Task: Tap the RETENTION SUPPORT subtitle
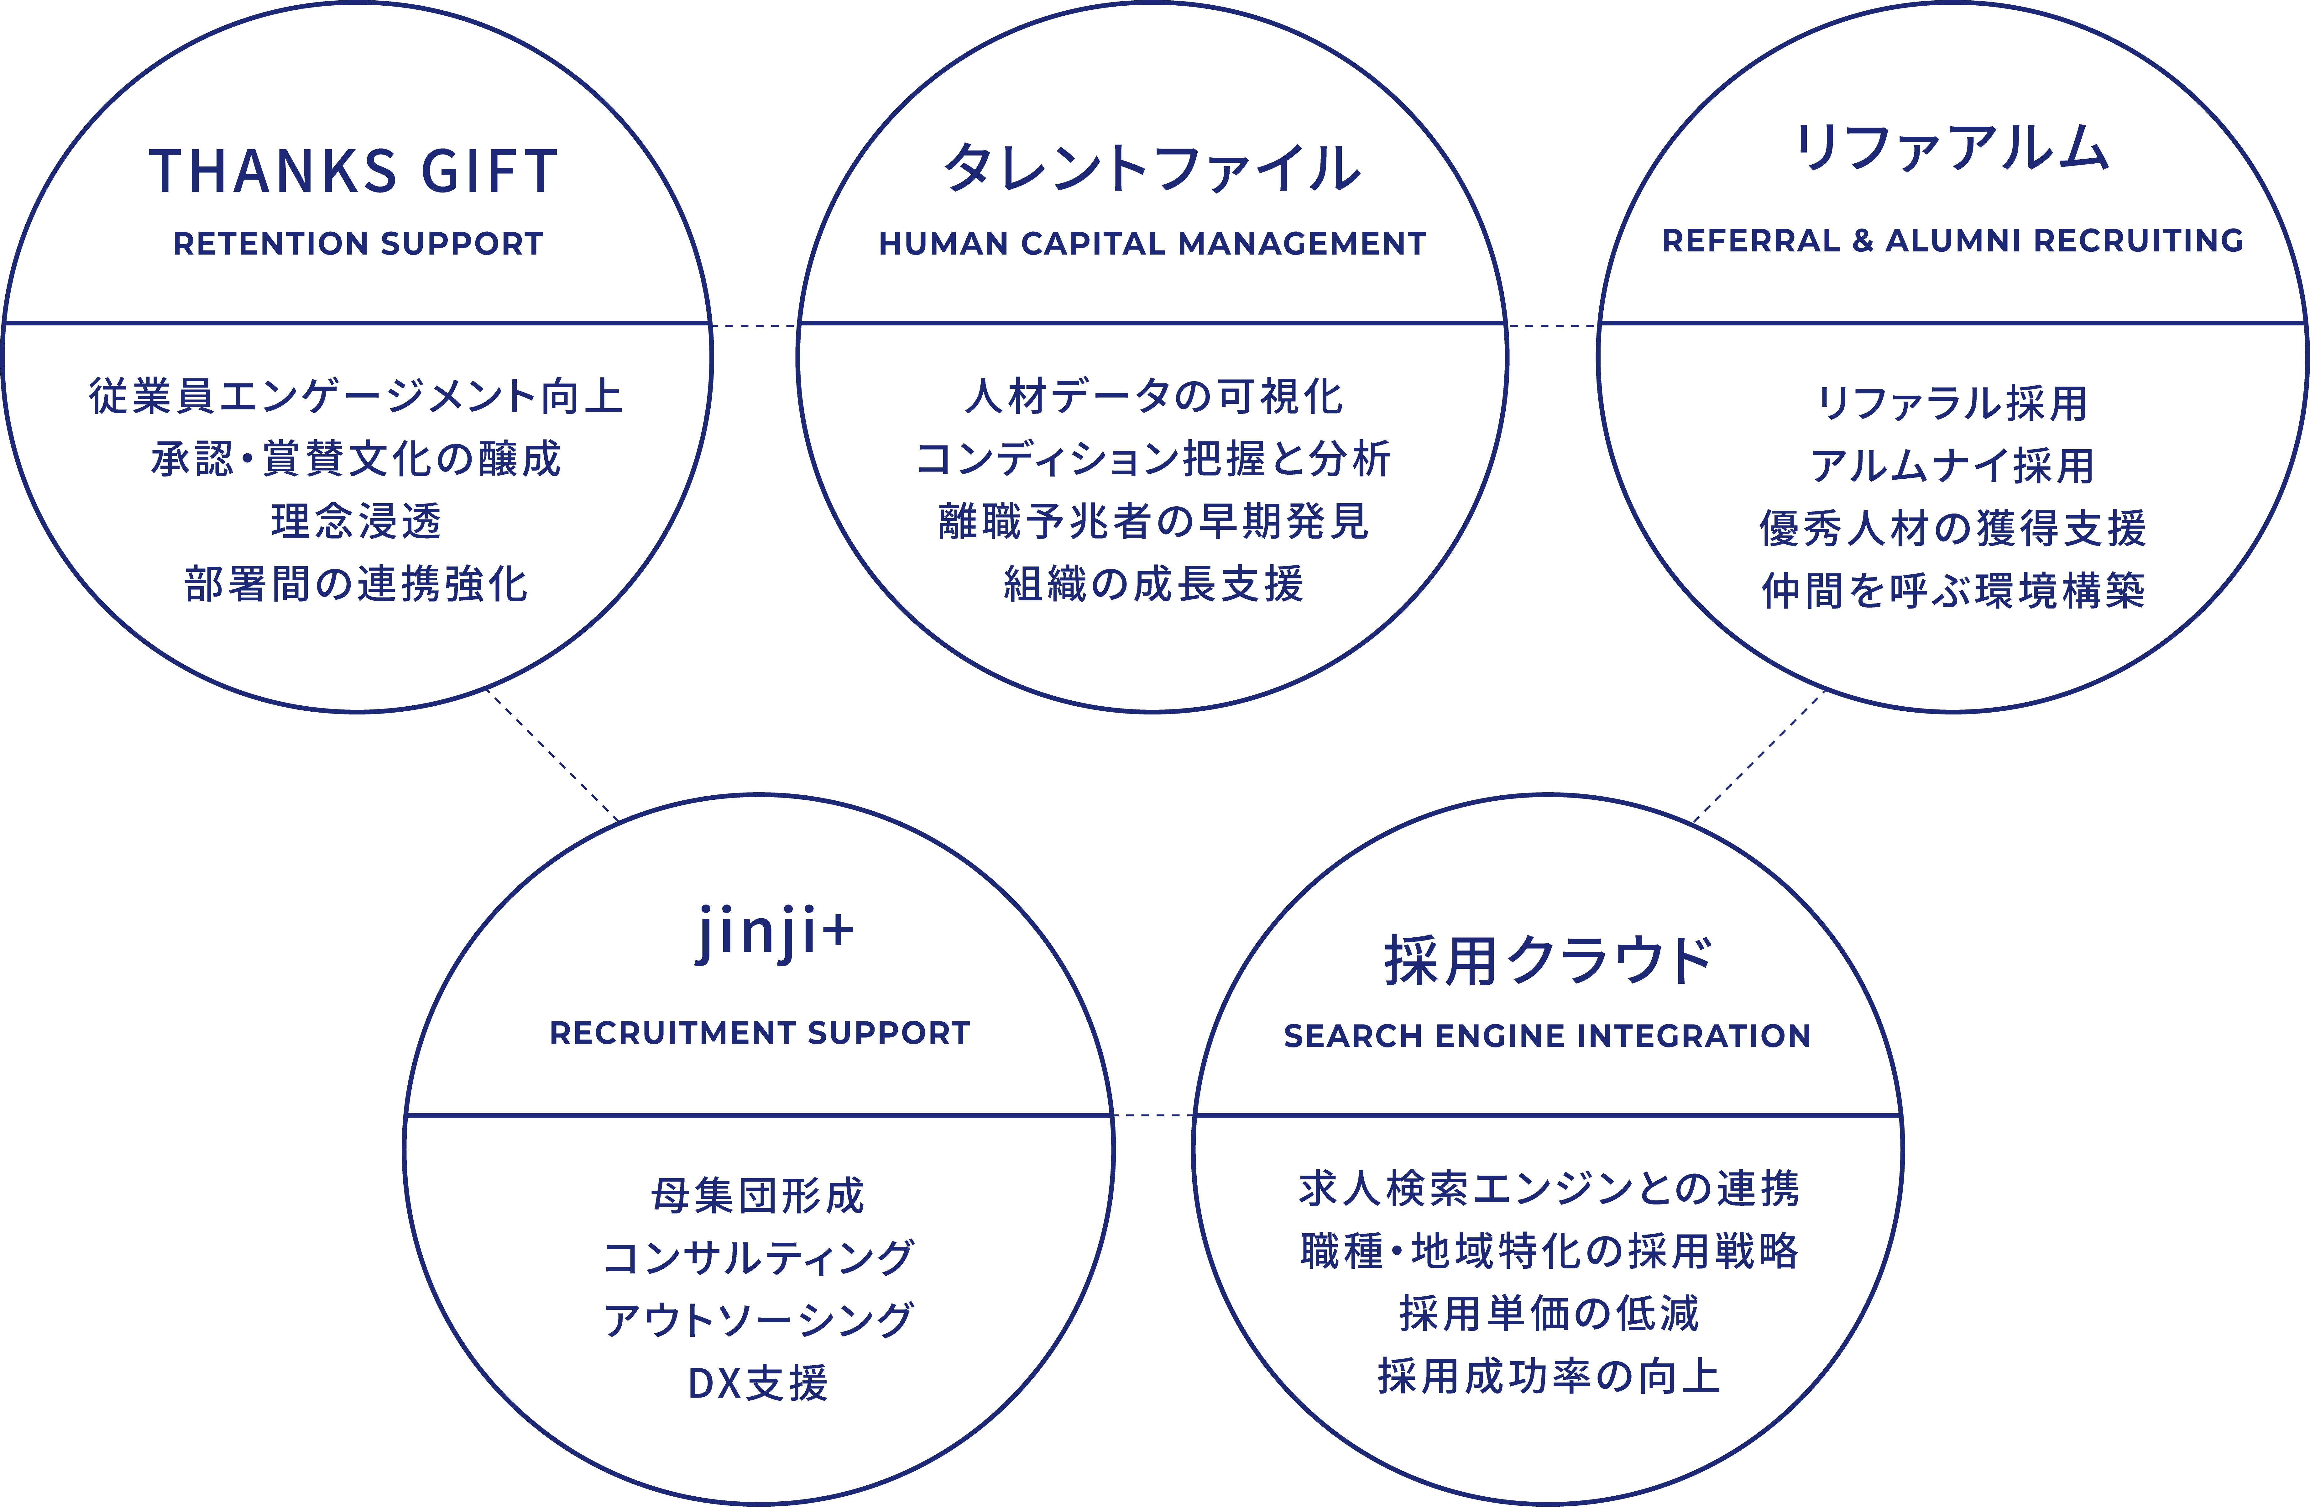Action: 358,244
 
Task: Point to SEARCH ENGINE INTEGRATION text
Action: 1547,1036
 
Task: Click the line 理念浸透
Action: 356,521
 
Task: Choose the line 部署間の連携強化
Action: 356,585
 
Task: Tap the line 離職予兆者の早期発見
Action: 1153,521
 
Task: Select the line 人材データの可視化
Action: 1153,396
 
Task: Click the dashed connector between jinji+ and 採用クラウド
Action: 1153,1116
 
